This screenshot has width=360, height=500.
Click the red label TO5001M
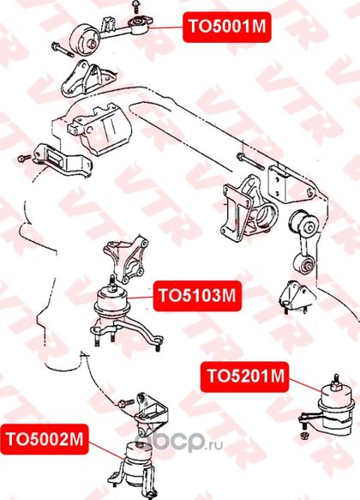point(227,27)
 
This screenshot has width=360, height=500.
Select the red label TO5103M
point(197,296)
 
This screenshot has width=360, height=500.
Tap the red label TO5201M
point(244,377)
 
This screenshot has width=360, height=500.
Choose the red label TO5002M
point(45,439)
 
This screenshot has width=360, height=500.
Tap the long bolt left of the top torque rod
point(62,50)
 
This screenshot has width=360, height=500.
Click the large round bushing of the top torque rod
point(84,39)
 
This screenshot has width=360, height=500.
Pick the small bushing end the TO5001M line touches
point(140,25)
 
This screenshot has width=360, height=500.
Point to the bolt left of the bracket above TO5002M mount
point(126,403)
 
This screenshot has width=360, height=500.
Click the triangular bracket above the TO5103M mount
point(126,257)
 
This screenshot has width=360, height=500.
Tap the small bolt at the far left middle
point(25,158)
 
